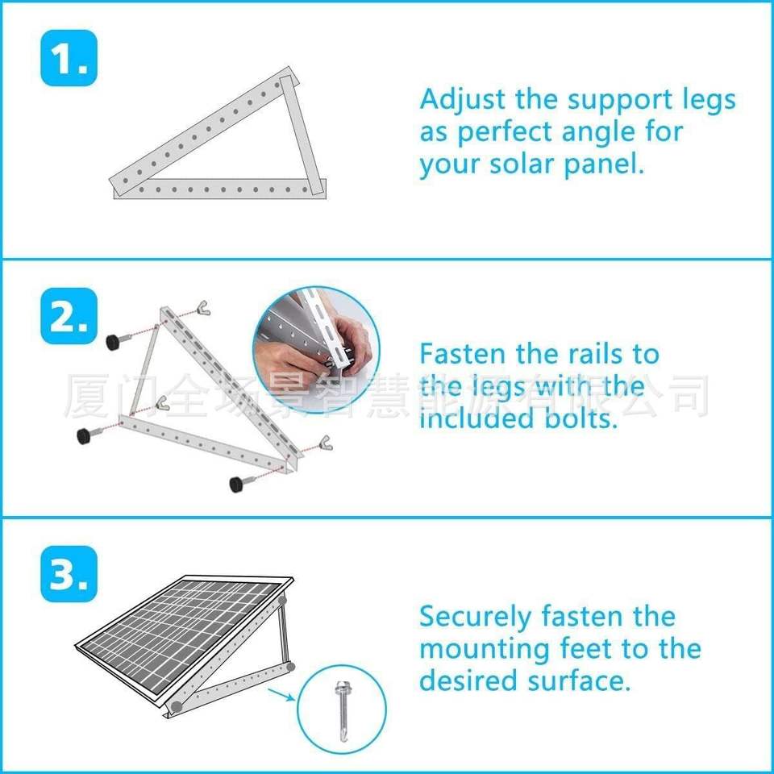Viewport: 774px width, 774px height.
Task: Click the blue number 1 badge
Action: click(69, 58)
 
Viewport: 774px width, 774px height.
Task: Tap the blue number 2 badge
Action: click(69, 316)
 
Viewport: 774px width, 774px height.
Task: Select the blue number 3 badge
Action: click(69, 574)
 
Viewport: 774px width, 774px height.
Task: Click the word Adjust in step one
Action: click(464, 101)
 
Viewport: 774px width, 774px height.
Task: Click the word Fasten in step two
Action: click(464, 354)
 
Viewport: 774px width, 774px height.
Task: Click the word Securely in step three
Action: click(475, 617)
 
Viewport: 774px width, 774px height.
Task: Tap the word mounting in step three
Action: click(484, 650)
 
